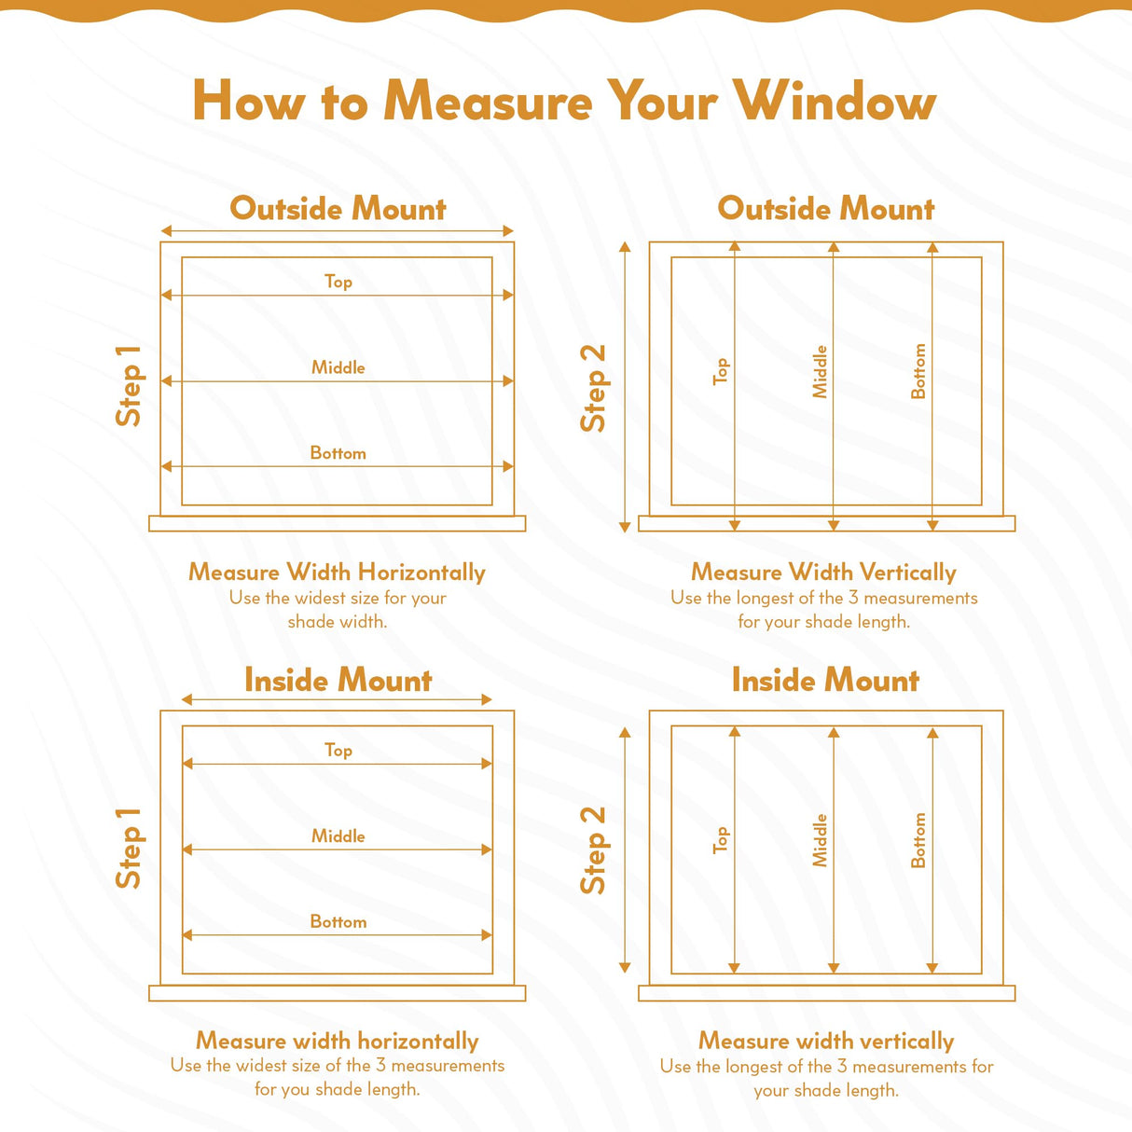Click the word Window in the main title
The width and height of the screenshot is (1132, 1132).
click(x=834, y=101)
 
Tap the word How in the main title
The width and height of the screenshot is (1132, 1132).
click(x=248, y=101)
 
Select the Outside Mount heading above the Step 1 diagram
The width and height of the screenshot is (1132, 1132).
click(x=338, y=208)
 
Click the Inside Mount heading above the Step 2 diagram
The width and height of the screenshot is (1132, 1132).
click(x=825, y=680)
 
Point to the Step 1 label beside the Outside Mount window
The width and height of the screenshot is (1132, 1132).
click(x=129, y=386)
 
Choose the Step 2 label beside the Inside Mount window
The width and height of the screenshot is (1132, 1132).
click(x=594, y=850)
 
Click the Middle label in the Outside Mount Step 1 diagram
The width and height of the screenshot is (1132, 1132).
click(x=338, y=367)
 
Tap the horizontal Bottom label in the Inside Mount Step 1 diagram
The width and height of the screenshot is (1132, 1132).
click(x=338, y=921)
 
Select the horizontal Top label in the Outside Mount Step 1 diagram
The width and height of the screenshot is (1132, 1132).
click(x=338, y=281)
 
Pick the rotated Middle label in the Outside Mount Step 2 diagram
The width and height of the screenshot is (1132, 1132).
click(x=820, y=372)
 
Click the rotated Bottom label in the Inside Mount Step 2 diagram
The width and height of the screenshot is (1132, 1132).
click(x=918, y=840)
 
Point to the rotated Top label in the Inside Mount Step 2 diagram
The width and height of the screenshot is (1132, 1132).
click(x=720, y=840)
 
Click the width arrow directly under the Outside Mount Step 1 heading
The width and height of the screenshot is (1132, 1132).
click(x=338, y=230)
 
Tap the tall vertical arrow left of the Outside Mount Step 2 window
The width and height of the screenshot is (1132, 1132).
click(x=625, y=386)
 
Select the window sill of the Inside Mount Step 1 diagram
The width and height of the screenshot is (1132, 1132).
click(x=338, y=993)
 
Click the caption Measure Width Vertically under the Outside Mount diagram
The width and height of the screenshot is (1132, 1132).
click(x=823, y=572)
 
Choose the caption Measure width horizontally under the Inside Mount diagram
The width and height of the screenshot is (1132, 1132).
click(x=338, y=1041)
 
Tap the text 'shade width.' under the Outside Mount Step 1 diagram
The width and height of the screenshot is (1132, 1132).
click(x=338, y=621)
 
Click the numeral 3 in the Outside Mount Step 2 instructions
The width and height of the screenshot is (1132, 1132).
click(x=853, y=598)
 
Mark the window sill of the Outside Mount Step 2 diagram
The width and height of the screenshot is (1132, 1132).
click(x=826, y=524)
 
